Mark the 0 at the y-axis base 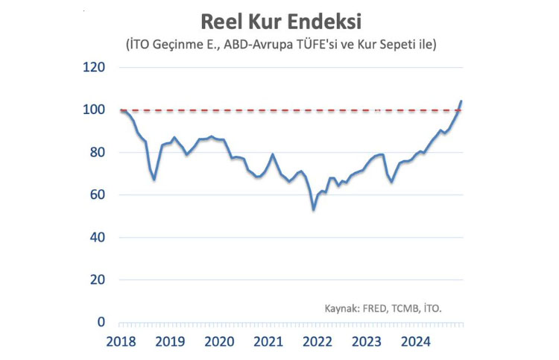tap(101, 322)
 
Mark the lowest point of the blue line tap(314, 209)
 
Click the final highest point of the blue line tap(461, 101)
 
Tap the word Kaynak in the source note tap(342, 308)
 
